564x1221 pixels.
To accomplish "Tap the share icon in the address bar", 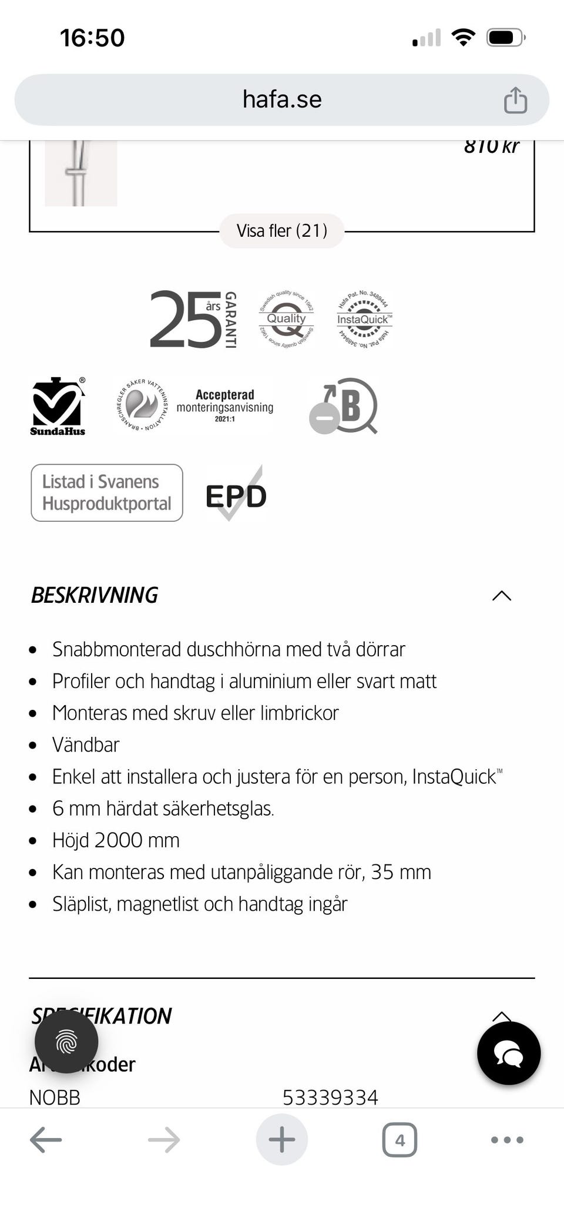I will [515, 100].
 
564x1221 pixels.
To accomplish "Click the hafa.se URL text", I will [282, 99].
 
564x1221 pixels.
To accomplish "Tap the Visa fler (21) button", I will [282, 231].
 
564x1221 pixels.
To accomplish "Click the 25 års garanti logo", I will [193, 319].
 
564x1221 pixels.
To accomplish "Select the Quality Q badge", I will [286, 319].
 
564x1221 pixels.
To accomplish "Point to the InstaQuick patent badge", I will [364, 319].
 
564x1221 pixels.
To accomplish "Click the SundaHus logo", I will [58, 406].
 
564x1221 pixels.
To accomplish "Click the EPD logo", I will [236, 495].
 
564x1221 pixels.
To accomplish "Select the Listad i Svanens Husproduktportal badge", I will [107, 492].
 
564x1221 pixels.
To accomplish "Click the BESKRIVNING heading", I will [95, 595].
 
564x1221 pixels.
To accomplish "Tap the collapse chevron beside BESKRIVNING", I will [501, 596].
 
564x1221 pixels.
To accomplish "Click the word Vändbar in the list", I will [86, 744].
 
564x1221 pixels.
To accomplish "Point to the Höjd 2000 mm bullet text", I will [116, 840].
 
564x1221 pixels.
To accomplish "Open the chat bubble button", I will [508, 1053].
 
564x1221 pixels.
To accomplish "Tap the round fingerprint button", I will [66, 1042].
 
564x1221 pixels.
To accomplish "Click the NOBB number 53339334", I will [330, 1097].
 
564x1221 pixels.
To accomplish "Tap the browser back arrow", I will [46, 1140].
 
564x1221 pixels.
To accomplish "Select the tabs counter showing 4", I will [399, 1140].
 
